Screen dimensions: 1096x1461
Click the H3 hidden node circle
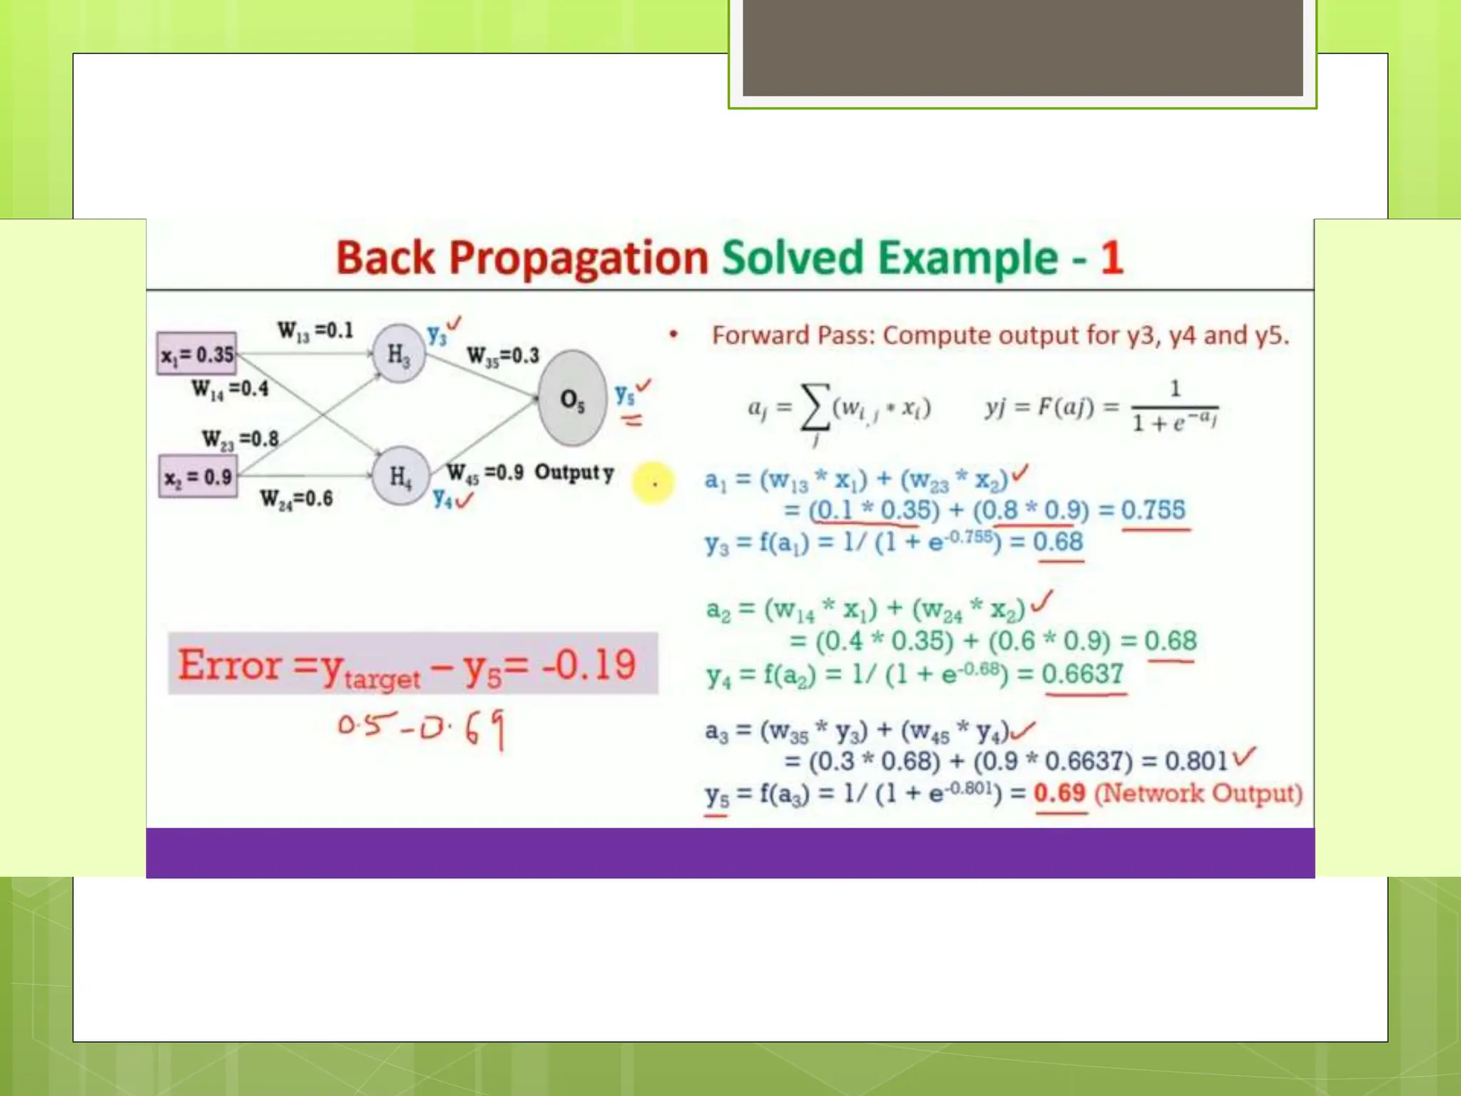pos(399,353)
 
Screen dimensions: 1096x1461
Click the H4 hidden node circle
pos(401,476)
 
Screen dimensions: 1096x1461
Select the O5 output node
pos(572,398)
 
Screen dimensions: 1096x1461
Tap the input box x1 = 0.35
pos(198,354)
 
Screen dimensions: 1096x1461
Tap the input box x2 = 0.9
pos(198,477)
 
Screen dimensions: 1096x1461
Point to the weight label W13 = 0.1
pos(315,330)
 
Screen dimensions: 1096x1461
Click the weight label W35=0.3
pos(503,355)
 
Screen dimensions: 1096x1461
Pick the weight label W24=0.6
pos(296,498)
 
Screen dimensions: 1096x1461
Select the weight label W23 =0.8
pos(240,438)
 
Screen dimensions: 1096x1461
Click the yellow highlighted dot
pos(653,484)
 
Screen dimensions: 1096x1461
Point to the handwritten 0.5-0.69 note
pos(421,728)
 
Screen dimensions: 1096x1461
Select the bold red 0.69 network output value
pos(1059,793)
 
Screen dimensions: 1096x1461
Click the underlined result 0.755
pos(1153,510)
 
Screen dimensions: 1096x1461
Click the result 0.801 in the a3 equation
pos(1196,761)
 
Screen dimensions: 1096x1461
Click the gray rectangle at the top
pos(1022,48)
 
